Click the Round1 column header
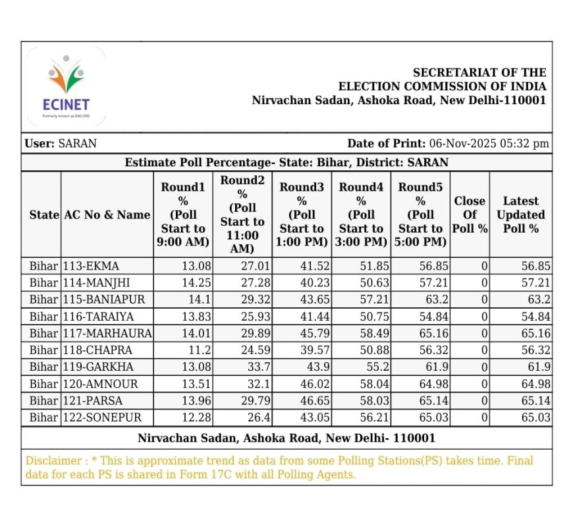pyautogui.click(x=183, y=214)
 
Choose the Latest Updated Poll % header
pyautogui.click(x=520, y=214)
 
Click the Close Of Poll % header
pyautogui.click(x=470, y=214)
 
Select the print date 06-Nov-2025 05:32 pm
pyautogui.click(x=489, y=144)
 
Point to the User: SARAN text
pyautogui.click(x=60, y=144)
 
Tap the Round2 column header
pyautogui.click(x=242, y=214)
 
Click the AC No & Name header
pyautogui.click(x=107, y=215)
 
